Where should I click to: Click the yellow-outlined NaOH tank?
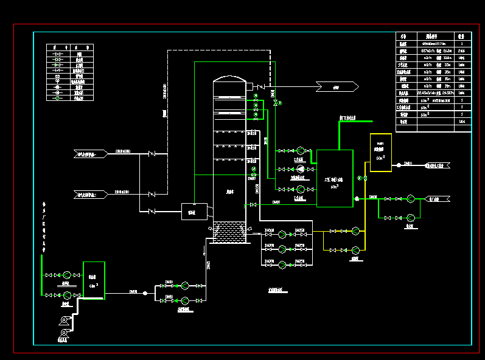[380, 153]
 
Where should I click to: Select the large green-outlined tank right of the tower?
[335, 178]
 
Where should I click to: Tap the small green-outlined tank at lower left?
[94, 280]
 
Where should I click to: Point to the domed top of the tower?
[229, 80]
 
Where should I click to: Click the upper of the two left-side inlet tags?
[90, 154]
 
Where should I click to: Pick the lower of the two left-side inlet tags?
[90, 195]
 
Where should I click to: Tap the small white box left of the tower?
[191, 211]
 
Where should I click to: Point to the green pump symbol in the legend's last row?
[58, 98]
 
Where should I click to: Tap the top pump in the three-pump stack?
[282, 233]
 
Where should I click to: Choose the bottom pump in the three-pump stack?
[282, 264]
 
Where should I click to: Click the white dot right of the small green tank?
[145, 293]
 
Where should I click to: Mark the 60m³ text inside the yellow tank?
[380, 157]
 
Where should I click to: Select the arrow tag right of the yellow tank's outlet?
[436, 165]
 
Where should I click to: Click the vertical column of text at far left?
[43, 225]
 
